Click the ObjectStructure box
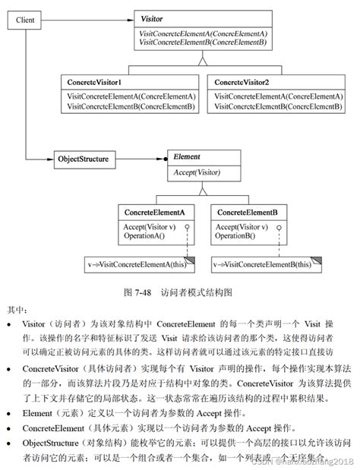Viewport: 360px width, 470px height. point(83,160)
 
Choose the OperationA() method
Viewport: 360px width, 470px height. point(144,236)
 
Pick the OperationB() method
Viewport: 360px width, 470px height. point(235,236)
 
